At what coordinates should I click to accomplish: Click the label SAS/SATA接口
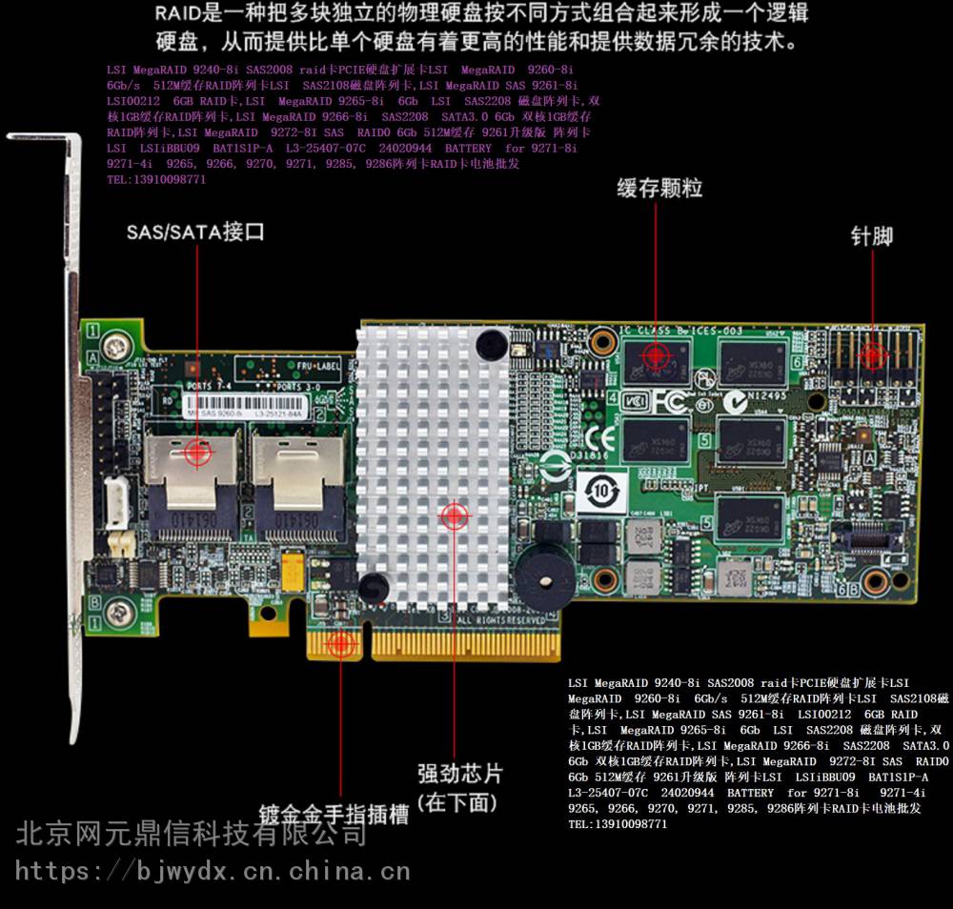195,232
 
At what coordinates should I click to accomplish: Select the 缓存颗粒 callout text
659,188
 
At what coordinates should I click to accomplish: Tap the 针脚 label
872,235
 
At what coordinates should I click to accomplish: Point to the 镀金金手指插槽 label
334,816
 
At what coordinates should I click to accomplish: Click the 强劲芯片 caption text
459,773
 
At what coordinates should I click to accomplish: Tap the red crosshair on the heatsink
455,515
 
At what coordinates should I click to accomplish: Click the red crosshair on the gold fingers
340,644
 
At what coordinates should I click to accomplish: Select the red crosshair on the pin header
872,355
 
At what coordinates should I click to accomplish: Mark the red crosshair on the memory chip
655,355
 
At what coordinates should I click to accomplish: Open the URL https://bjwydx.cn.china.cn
213,870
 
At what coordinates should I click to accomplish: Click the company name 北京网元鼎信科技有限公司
191,835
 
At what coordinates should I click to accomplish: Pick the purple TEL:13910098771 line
156,179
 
